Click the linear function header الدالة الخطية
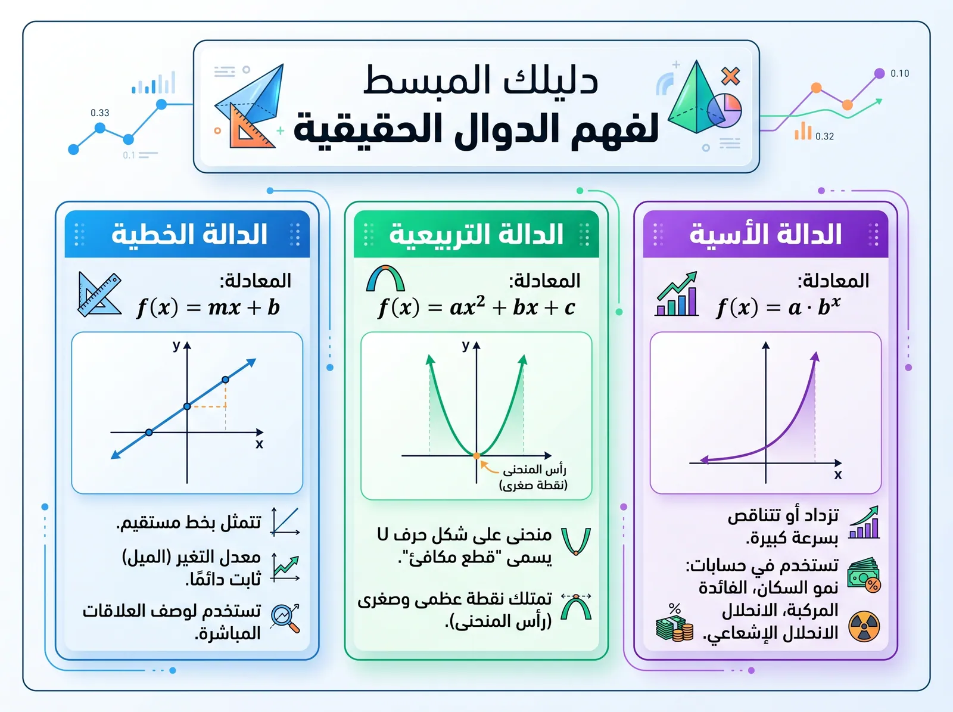(x=189, y=234)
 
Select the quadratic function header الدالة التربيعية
(x=476, y=234)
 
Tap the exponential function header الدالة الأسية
(x=765, y=234)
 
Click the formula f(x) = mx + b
(x=208, y=307)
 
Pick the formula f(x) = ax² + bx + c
(x=476, y=307)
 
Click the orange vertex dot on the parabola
(x=476, y=456)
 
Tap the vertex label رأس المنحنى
(x=534, y=470)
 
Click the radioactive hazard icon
(x=864, y=627)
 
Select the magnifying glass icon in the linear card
(x=285, y=618)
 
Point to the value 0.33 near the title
(x=100, y=113)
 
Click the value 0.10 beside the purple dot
(x=899, y=73)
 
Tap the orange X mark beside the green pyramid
(x=730, y=76)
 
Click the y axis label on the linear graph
(x=176, y=346)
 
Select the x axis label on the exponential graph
(x=838, y=475)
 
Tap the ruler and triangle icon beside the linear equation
(x=99, y=294)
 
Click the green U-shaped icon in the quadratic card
(x=576, y=541)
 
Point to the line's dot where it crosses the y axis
(x=187, y=406)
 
